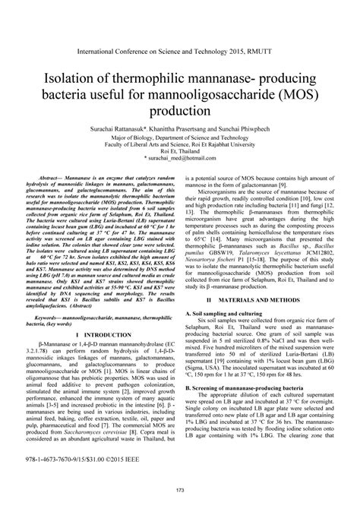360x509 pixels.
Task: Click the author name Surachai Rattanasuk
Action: click(x=106, y=131)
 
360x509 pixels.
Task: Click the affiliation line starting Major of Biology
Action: click(x=179, y=139)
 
